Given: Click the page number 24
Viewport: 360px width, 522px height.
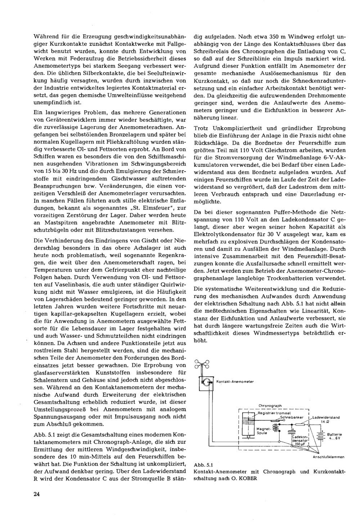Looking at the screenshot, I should point(36,494).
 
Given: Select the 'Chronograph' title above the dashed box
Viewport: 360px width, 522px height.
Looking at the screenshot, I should point(270,406).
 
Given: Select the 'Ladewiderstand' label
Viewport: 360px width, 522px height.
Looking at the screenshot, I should point(326,417).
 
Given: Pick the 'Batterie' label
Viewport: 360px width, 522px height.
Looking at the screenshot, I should point(334,434).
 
